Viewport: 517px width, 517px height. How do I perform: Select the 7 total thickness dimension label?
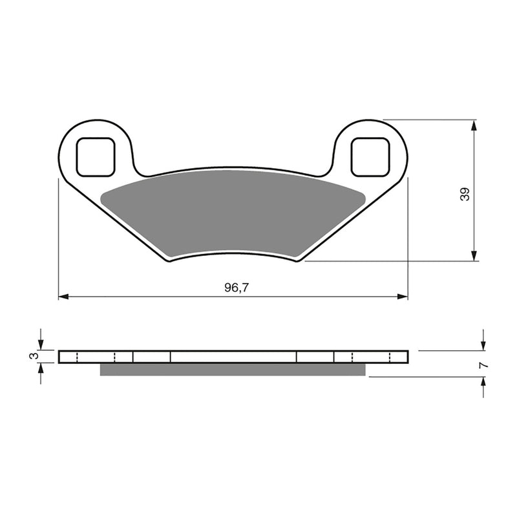[483, 365]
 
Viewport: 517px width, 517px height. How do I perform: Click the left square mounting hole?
[96, 156]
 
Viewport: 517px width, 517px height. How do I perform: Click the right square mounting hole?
[370, 156]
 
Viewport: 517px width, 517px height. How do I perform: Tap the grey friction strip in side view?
[233, 369]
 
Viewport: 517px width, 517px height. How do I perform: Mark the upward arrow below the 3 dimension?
[41, 368]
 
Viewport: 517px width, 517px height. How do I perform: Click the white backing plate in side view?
[233, 357]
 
